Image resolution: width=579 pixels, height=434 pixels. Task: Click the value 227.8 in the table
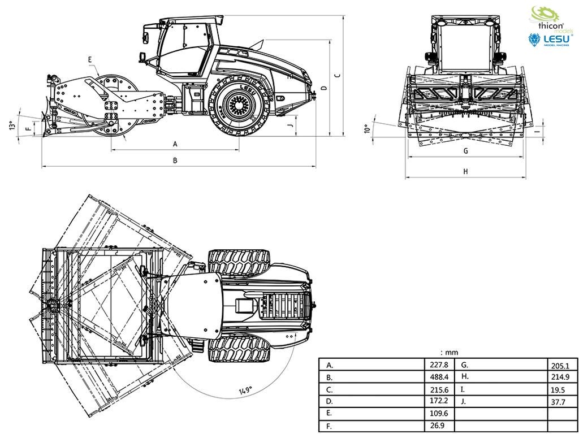[x=439, y=365]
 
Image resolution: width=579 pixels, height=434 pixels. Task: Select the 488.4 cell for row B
[x=439, y=377]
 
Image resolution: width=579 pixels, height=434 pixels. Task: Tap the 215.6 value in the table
[x=439, y=390]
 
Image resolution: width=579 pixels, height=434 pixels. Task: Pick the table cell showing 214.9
[x=560, y=377]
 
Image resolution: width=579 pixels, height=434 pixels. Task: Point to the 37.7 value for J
[x=558, y=402]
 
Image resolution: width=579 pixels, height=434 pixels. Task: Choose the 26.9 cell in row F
[x=437, y=426]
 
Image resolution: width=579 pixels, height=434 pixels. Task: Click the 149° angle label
[x=245, y=391]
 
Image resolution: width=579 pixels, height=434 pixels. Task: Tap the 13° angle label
[x=12, y=125]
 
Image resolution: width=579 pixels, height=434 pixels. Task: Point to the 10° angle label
[x=366, y=129]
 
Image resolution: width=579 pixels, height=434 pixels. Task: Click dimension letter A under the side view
[x=175, y=144]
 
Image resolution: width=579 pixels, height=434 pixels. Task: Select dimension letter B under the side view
[x=175, y=160]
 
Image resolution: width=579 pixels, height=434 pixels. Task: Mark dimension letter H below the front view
[x=466, y=171]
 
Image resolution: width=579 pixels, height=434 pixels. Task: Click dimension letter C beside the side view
[x=337, y=76]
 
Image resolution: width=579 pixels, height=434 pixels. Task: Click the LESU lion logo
[x=550, y=40]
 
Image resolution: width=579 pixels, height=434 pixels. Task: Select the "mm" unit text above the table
[x=449, y=353]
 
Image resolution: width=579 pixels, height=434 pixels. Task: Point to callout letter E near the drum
[x=90, y=59]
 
